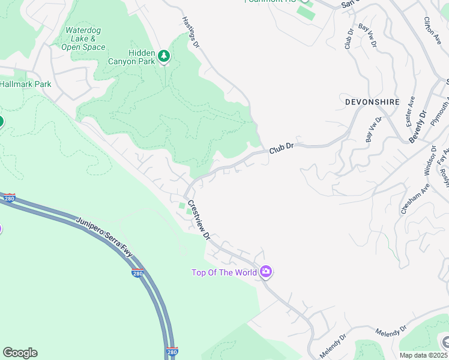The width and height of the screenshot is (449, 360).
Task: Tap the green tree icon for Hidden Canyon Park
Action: coord(164,56)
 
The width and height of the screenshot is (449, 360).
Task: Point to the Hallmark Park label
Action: coord(26,84)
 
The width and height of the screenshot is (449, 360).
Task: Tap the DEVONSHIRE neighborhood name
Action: coord(372,102)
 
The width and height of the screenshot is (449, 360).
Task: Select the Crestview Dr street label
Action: coord(199,220)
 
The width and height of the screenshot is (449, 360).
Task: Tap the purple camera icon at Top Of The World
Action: coord(266,272)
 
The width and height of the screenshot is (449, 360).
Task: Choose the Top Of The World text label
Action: coord(224,272)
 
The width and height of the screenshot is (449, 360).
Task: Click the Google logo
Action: coord(20,353)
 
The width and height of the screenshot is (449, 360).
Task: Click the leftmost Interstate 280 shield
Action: coord(9,198)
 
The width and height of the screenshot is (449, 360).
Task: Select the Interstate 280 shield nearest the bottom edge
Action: coord(172,352)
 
